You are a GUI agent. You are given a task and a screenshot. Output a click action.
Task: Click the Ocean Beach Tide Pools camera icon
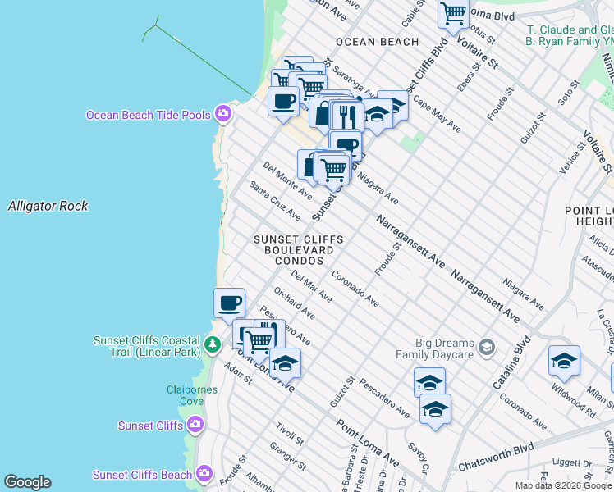pyautogui.click(x=222, y=114)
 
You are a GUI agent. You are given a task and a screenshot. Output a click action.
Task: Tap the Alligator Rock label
pyautogui.click(x=48, y=206)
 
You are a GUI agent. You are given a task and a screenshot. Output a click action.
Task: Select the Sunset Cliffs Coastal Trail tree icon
pyautogui.click(x=213, y=344)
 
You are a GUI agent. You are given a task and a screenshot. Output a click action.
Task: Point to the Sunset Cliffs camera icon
pyautogui.click(x=195, y=425)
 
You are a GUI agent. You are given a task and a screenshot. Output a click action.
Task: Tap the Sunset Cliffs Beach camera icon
pyautogui.click(x=204, y=474)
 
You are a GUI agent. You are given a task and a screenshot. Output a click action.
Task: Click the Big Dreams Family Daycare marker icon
pyautogui.click(x=487, y=347)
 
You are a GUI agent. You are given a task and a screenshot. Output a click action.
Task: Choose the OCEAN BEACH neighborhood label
pyautogui.click(x=377, y=42)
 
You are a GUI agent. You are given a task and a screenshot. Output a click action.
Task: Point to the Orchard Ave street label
pyautogui.click(x=295, y=302)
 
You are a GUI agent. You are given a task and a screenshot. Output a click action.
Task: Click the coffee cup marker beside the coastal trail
pyautogui.click(x=229, y=303)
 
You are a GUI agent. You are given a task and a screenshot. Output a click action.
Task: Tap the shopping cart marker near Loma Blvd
pyautogui.click(x=453, y=13)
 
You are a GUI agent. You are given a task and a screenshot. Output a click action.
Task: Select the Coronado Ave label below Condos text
pyautogui.click(x=355, y=289)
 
